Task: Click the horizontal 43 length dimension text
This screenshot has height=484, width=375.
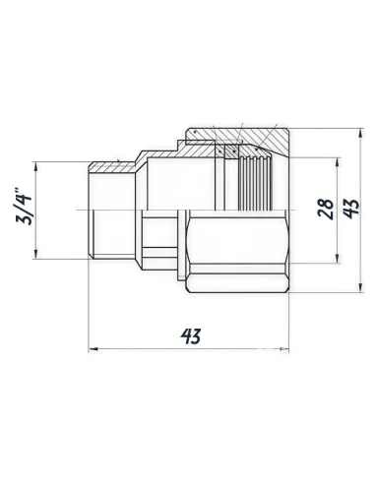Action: click(x=191, y=336)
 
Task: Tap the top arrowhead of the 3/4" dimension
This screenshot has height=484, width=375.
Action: click(x=36, y=165)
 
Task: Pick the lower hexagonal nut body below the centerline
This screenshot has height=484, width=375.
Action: click(x=236, y=251)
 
